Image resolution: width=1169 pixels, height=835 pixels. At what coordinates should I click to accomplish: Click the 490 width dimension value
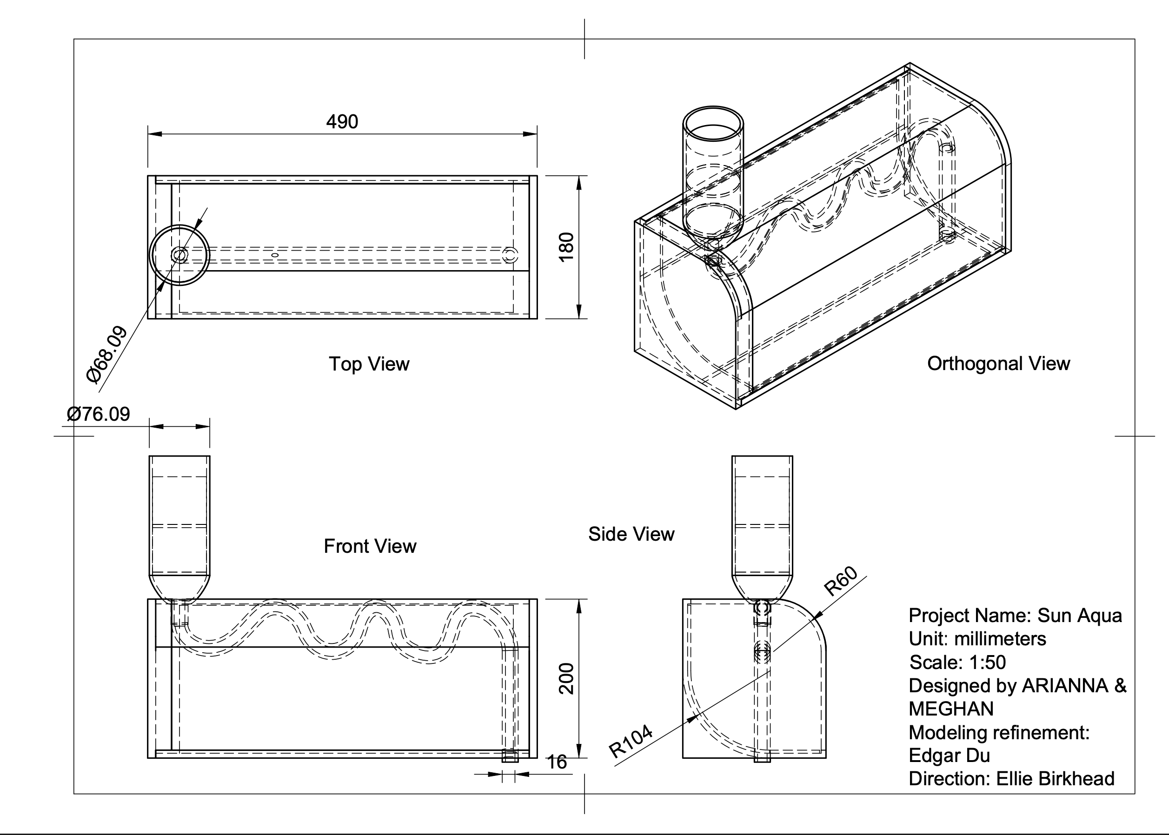point(342,122)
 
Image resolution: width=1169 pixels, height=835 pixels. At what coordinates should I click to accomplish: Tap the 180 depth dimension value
point(566,247)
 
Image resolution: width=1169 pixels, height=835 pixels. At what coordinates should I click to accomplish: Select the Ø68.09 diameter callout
point(107,354)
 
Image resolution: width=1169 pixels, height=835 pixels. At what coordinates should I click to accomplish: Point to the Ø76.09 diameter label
point(98,414)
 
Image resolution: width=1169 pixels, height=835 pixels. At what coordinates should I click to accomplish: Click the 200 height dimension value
point(566,679)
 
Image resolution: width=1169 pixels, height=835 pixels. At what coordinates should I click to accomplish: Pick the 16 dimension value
point(557,762)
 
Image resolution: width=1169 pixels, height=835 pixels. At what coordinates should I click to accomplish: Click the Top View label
point(369,364)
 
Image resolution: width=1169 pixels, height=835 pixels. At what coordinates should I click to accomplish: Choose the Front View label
point(370,546)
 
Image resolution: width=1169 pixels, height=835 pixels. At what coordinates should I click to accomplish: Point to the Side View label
point(631,534)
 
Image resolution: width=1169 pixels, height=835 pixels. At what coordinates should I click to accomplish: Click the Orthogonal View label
point(998,364)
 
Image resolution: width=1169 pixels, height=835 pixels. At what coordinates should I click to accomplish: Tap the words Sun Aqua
point(1080,616)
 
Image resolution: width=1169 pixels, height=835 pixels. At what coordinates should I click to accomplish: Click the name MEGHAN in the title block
point(951,709)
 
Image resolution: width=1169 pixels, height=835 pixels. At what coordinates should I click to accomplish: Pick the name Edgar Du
point(949,755)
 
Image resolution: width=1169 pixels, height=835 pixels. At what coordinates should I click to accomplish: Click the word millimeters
point(1000,639)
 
